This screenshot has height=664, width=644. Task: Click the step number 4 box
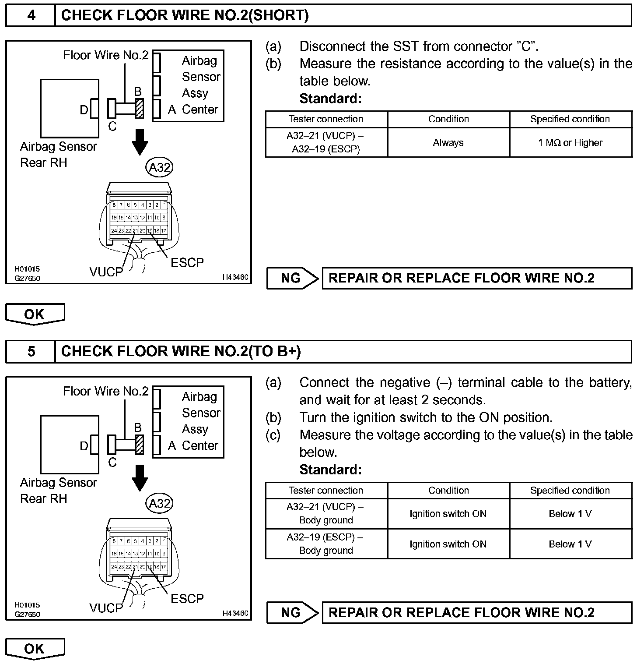(x=31, y=16)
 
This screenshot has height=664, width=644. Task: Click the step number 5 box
(x=31, y=352)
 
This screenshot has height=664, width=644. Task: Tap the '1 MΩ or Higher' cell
(x=570, y=143)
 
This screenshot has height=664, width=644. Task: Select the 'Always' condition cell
(x=448, y=143)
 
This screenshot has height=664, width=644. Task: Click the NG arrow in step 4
(x=292, y=279)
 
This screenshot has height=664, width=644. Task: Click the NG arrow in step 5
(x=292, y=613)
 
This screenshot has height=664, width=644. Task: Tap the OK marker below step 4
(x=35, y=314)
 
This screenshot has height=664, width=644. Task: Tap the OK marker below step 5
(x=35, y=649)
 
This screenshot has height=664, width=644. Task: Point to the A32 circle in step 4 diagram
(x=160, y=167)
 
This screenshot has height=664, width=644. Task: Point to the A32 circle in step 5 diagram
(x=160, y=503)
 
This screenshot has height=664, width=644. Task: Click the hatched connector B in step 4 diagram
(x=140, y=108)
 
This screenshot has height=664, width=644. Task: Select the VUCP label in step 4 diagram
(x=106, y=272)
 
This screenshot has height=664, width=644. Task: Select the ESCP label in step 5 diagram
(x=187, y=599)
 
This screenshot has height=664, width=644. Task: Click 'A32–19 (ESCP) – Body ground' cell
(x=326, y=544)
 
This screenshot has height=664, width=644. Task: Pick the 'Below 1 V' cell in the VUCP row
(x=570, y=514)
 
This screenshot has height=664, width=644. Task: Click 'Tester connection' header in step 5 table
(x=326, y=491)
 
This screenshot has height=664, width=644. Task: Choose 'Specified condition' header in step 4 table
(x=570, y=119)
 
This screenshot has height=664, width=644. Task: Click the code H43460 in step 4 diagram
(x=235, y=277)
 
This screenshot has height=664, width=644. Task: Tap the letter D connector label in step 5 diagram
(x=84, y=446)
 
